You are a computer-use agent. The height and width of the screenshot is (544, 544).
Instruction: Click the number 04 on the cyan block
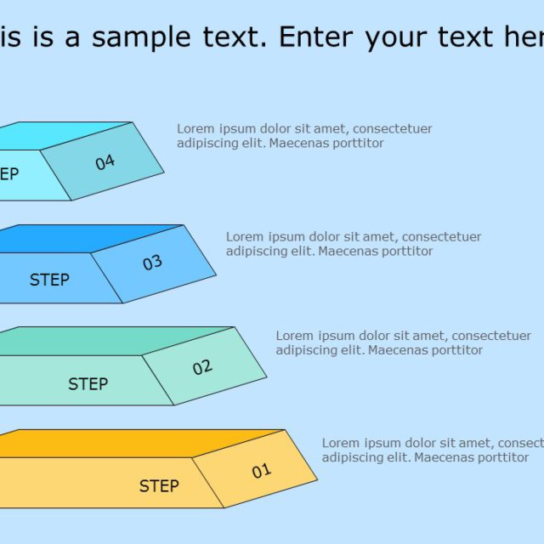(x=105, y=161)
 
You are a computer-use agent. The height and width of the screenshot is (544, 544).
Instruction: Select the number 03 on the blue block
(x=152, y=263)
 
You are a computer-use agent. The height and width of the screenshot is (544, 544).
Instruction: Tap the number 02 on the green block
(x=202, y=367)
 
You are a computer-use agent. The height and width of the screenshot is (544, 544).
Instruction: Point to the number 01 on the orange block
(x=261, y=470)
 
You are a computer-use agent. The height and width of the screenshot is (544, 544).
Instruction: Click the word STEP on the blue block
(x=49, y=280)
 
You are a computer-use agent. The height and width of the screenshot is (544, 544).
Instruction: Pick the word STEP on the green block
(x=88, y=384)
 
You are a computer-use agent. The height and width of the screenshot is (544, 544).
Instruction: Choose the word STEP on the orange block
(x=159, y=486)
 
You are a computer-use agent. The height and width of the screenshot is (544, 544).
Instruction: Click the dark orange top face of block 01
(x=127, y=444)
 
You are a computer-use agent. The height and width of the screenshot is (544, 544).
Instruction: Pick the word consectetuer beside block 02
(x=491, y=336)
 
